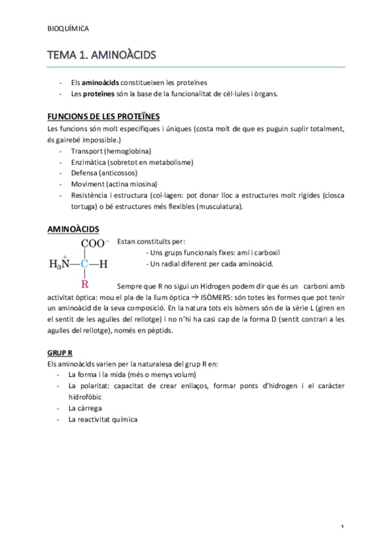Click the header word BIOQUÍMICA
pos(69,29)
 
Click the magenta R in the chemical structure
pos(84,284)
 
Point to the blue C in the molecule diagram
pos(84,264)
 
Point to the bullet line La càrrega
pos(86,408)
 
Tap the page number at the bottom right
pos(342,527)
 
